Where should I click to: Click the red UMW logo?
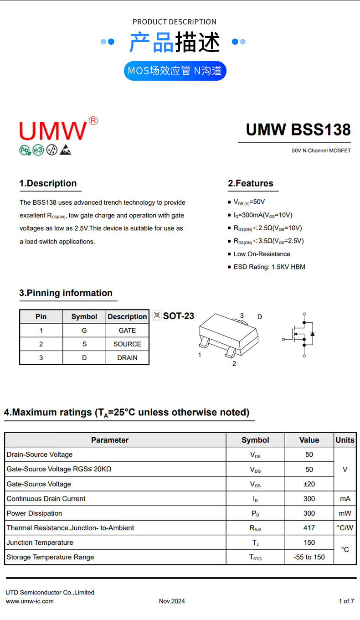[x=53, y=130]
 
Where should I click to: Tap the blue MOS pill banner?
[x=175, y=71]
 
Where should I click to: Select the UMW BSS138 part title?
[x=298, y=130]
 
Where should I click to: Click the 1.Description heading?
[x=48, y=183]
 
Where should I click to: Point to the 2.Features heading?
[x=251, y=183]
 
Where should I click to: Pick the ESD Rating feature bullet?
[x=269, y=267]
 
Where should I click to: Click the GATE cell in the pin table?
[x=127, y=331]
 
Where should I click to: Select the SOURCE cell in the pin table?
[x=127, y=344]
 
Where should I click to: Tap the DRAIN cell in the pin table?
[x=127, y=358]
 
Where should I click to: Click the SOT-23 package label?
[x=179, y=316]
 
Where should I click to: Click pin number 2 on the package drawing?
[x=234, y=364]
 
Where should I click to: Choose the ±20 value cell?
[x=309, y=484]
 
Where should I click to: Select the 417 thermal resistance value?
[x=309, y=528]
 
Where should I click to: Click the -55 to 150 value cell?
[x=309, y=557]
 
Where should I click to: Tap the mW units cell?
[x=345, y=513]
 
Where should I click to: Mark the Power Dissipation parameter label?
[x=34, y=513]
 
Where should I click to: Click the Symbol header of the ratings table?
[x=255, y=440]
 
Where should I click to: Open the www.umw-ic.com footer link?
[x=30, y=601]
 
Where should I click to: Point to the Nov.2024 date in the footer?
[x=172, y=601]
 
